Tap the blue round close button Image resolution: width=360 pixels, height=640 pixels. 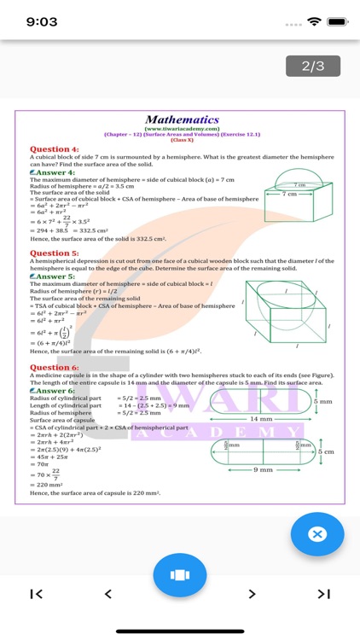pyautogui.click(x=316, y=534)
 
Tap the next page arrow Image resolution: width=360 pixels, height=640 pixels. pyautogui.click(x=252, y=594)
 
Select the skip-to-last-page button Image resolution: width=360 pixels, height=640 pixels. pyautogui.click(x=323, y=594)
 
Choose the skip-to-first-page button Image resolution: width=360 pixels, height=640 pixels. pyautogui.click(x=36, y=594)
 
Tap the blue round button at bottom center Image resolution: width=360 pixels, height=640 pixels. pyautogui.click(x=180, y=575)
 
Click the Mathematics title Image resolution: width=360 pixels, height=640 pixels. pyautogui.click(x=182, y=120)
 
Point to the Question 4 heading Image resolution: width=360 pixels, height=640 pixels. pyautogui.click(x=55, y=149)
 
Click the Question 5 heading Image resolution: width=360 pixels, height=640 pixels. pyautogui.click(x=55, y=253)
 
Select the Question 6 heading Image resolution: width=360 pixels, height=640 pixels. pyautogui.click(x=55, y=367)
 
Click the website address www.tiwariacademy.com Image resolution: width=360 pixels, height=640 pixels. pyautogui.click(x=182, y=129)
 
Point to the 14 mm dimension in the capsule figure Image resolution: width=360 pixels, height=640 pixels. pyautogui.click(x=261, y=419)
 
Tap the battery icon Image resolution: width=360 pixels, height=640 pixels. pyautogui.click(x=338, y=21)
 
